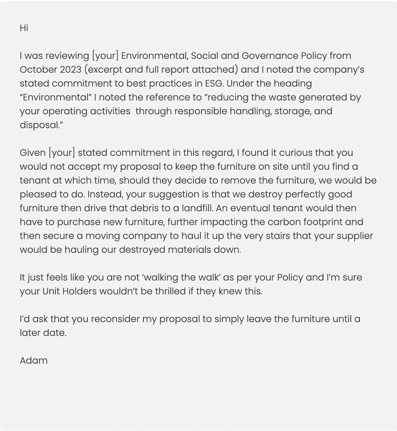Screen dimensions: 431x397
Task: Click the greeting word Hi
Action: click(24, 28)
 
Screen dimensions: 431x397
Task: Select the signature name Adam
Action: click(34, 361)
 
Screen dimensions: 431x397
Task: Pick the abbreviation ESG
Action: click(214, 84)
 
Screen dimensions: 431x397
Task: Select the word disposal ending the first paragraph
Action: click(40, 125)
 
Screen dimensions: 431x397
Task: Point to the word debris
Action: click(144, 208)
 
